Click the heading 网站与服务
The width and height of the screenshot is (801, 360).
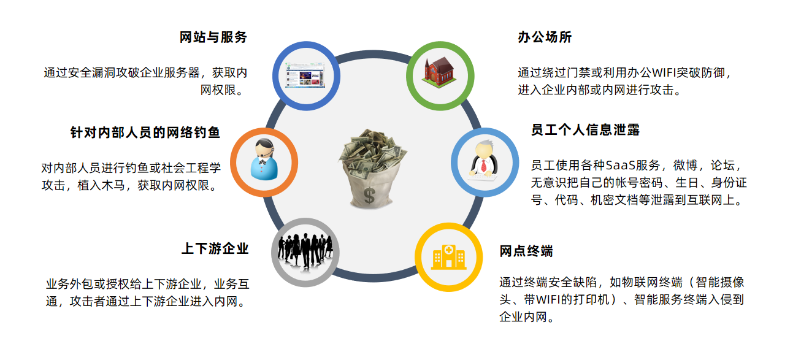tap(213, 37)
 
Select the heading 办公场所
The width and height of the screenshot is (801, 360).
tap(545, 37)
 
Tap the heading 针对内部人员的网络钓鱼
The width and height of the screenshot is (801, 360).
tap(145, 132)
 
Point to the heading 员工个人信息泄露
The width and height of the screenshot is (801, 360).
tap(585, 130)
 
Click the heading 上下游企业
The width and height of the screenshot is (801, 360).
tap(215, 248)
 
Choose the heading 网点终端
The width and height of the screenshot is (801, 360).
tap(526, 251)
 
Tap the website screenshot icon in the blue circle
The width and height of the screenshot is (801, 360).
tap(305, 75)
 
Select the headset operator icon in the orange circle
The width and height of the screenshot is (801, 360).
tap(264, 159)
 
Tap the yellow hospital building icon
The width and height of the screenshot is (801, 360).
tap(448, 257)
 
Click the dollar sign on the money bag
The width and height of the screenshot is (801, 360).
tap(369, 196)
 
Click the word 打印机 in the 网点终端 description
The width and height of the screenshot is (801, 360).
tap(591, 299)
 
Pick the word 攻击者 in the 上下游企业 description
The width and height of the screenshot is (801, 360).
tap(88, 301)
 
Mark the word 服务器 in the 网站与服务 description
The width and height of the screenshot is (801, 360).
tap(182, 73)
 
